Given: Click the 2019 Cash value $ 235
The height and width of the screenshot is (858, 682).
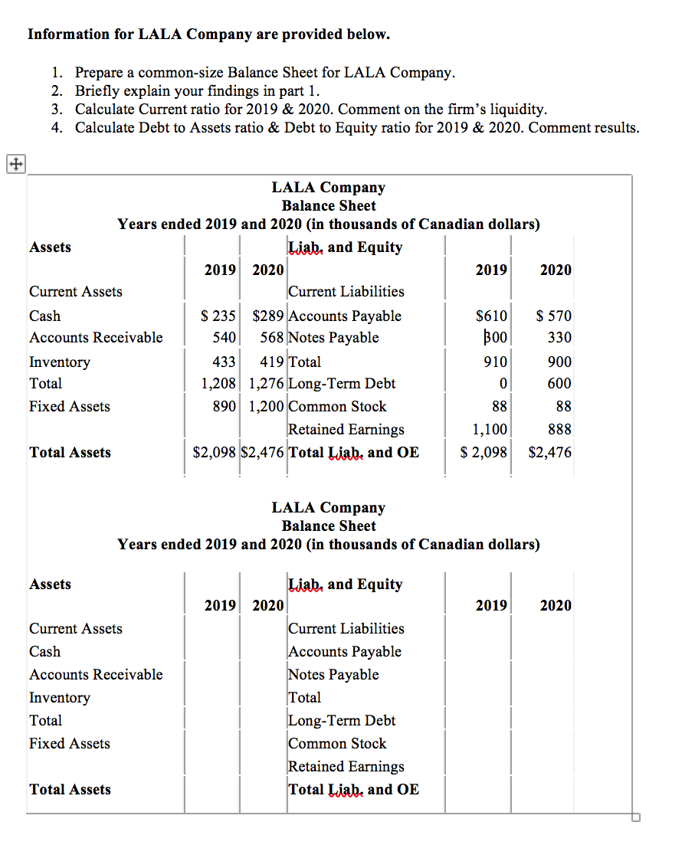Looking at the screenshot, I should pyautogui.click(x=218, y=316).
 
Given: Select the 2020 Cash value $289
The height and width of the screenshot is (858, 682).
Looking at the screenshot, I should pyautogui.click(x=268, y=316).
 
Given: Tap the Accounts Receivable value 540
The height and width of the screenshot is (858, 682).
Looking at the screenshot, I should pyautogui.click(x=223, y=337).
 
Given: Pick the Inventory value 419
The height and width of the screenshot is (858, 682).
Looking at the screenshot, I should pyautogui.click(x=272, y=362).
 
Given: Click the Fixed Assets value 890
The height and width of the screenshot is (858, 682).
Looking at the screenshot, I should pyautogui.click(x=225, y=406).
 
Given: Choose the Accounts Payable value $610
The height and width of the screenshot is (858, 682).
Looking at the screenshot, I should pyautogui.click(x=491, y=316).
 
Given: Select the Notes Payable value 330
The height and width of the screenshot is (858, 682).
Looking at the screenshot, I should pyautogui.click(x=559, y=337).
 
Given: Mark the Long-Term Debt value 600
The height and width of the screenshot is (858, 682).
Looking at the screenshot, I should pyautogui.click(x=559, y=383).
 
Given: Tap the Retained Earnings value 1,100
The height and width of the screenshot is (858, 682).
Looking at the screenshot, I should pyautogui.click(x=489, y=429).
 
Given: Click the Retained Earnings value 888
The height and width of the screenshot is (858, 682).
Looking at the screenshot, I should pyautogui.click(x=559, y=429).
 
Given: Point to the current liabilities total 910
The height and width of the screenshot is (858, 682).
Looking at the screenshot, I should pyautogui.click(x=494, y=362).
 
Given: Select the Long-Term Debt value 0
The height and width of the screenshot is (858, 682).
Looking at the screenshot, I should pyautogui.click(x=503, y=383).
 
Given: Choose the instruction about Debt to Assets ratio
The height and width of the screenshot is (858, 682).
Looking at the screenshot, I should pyautogui.click(x=356, y=127).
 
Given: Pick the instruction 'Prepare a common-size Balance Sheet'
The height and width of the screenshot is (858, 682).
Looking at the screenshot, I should pyautogui.click(x=264, y=73).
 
